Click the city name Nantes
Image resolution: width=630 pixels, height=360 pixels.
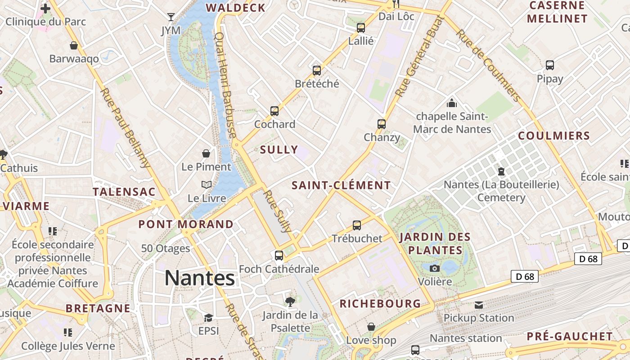199,278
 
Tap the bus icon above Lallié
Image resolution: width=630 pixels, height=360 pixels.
360,28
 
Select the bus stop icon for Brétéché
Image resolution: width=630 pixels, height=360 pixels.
317,71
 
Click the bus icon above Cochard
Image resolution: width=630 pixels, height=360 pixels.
274,111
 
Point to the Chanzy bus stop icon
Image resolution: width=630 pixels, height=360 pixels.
382,124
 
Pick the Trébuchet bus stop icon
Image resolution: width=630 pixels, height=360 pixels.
357,225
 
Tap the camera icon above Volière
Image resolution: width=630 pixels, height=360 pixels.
435,269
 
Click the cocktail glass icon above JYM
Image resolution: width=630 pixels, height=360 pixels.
171,17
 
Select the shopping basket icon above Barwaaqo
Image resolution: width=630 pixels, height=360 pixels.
74,45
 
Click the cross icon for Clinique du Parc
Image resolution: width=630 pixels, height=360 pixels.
45,8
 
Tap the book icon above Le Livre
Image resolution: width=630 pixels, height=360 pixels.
207,185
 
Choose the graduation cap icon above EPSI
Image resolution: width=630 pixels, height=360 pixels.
208,318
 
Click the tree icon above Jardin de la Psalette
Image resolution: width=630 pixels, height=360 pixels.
290,302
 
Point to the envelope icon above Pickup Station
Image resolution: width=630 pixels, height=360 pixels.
479,305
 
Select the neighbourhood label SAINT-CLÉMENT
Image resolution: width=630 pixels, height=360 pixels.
341,185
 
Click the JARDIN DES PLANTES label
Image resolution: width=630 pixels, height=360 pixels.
435,243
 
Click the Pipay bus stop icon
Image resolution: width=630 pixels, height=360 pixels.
549,65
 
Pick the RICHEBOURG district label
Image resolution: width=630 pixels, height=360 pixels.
380,304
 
